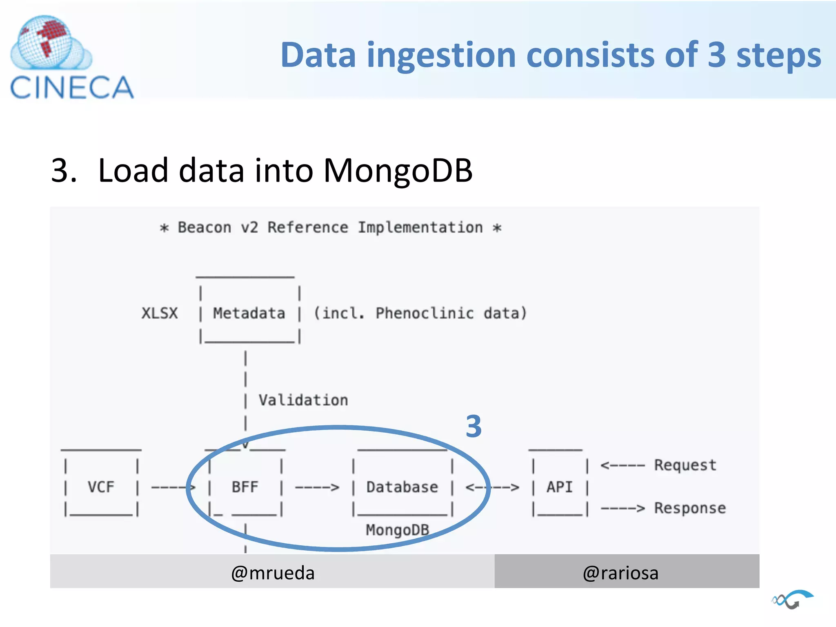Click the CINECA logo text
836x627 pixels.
pos(72,87)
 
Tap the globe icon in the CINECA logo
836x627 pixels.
pos(46,42)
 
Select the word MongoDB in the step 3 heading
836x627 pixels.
pos(398,170)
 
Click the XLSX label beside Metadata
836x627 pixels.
pos(160,313)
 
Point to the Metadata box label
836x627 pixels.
pos(249,313)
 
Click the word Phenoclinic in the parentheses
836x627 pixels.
pos(425,313)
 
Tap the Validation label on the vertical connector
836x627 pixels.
pos(303,400)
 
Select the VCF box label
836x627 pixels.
pos(101,487)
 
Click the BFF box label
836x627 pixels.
pos(245,487)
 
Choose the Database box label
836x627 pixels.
pos(402,487)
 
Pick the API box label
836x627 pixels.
pos(560,487)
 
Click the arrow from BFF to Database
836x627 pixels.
pos(317,487)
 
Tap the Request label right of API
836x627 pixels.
pos(685,465)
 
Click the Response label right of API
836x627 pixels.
pos(690,508)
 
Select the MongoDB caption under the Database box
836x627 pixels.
pos(397,530)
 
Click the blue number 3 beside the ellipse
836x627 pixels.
pos(474,427)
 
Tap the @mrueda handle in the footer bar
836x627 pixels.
pos(273,573)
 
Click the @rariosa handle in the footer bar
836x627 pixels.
pos(620,573)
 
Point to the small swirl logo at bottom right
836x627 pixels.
pos(792,599)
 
